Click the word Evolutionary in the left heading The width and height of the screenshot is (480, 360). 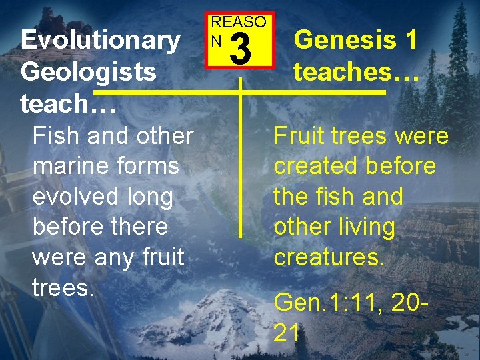coord(100,41)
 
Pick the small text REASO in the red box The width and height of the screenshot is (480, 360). coord(239,21)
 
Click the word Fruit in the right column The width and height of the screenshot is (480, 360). coord(300,136)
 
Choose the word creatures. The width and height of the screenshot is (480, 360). coord(329,257)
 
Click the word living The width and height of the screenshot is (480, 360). coord(365,227)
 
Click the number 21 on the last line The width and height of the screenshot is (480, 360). coord(287,333)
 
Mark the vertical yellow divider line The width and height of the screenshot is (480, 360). coord(240,167)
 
